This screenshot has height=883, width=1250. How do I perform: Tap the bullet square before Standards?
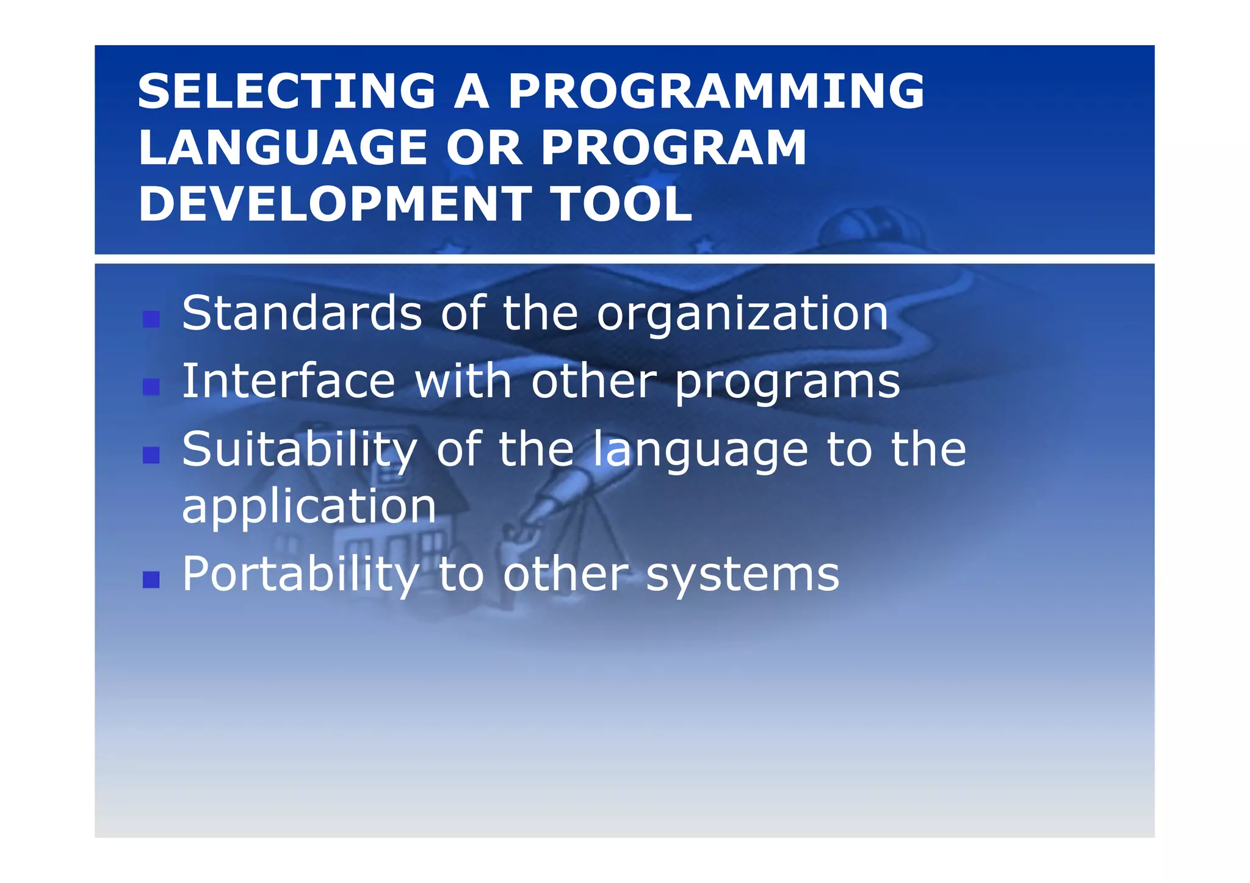151,319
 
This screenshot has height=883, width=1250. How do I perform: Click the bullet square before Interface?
151,386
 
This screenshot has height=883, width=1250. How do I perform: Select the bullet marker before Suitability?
151,455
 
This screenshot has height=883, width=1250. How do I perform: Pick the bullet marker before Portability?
151,579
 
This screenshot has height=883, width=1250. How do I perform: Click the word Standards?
302,314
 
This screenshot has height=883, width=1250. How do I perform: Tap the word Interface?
288,381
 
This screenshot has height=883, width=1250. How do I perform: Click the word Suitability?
299,450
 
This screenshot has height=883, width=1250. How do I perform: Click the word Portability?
300,575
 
